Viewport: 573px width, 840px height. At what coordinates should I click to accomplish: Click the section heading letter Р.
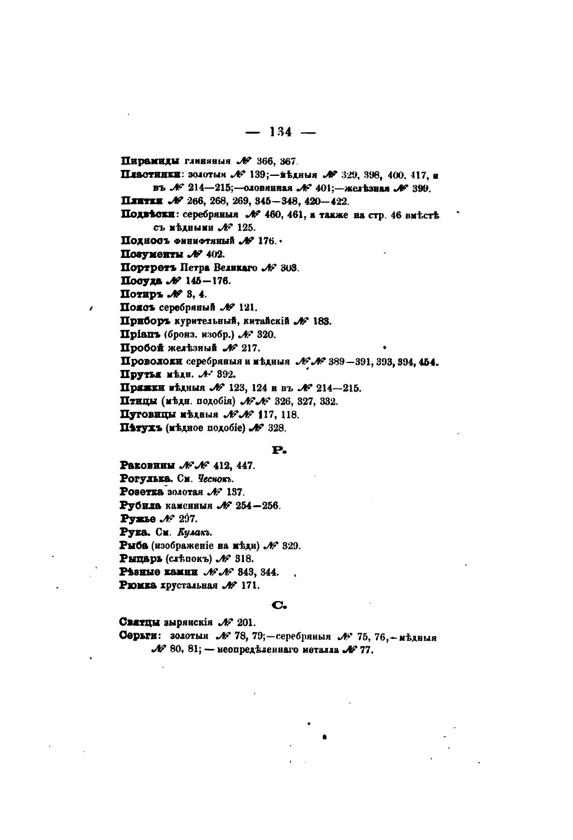tap(279, 450)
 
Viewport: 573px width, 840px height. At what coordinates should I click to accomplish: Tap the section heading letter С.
tap(279, 606)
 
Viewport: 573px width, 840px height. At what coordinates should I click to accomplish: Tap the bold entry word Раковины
tap(148, 465)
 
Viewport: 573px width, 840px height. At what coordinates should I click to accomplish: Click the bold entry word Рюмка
tap(139, 585)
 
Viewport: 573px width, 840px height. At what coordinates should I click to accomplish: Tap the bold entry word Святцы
tap(141, 622)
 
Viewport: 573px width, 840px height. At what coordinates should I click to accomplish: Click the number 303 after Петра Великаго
tap(290, 268)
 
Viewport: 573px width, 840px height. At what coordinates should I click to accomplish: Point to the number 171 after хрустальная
tap(252, 585)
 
